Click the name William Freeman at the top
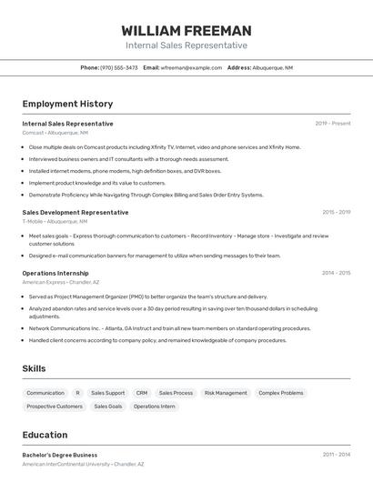pos(186,30)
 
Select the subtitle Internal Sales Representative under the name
pos(186,45)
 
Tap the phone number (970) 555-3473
pos(119,67)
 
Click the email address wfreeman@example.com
pos(191,67)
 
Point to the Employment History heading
pos(67,104)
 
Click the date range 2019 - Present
pos(333,124)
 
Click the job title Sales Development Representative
pos(76,212)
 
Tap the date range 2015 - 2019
pos(336,212)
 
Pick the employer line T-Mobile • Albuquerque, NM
pos(55,221)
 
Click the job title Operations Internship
pos(55,273)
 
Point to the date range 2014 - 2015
pos(336,273)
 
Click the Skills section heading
pos(35,368)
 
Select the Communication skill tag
pos(45,393)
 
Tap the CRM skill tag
pos(142,393)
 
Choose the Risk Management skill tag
pos(226,393)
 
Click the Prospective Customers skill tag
pos(55,407)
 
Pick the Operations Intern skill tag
pos(155,407)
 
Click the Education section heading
pos(45,435)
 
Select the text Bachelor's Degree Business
pos(60,455)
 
